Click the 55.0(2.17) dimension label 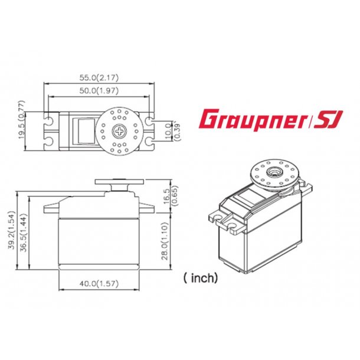pyautogui.click(x=98, y=77)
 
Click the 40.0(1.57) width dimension pyautogui.click(x=98, y=284)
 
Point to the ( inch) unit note pyautogui.click(x=201, y=277)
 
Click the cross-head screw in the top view pyautogui.click(x=120, y=130)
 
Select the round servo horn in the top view pyautogui.click(x=120, y=130)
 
